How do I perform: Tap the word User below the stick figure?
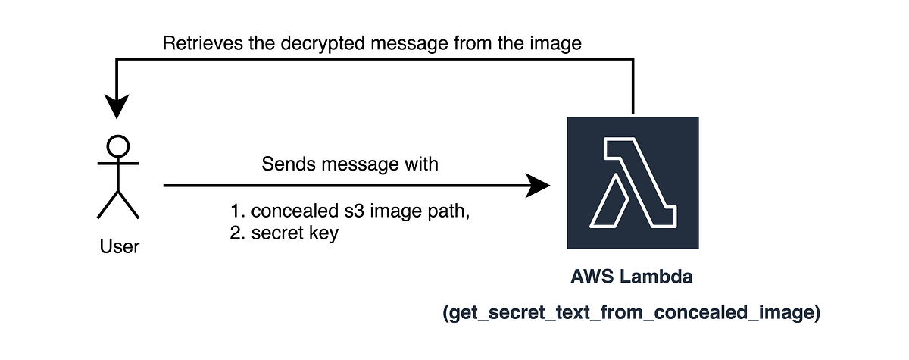point(120,246)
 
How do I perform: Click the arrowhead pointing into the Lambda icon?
point(539,184)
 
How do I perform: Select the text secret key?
point(295,233)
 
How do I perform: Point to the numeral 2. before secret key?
point(236,233)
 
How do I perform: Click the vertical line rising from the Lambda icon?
point(632,87)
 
